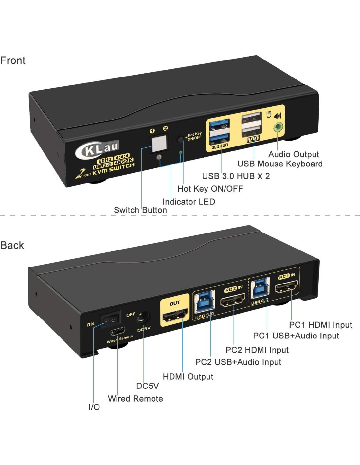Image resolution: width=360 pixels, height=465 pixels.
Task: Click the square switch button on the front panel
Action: (159, 143)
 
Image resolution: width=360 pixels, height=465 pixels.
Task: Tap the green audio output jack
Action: (278, 127)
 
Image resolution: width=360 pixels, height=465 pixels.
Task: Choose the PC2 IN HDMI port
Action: (233, 300)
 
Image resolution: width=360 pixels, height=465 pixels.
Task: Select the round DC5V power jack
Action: (143, 317)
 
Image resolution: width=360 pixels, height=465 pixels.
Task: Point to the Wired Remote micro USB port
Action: (117, 332)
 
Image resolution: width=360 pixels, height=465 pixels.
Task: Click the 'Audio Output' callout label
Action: (294, 154)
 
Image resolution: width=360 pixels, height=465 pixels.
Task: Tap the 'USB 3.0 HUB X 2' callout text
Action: (236, 176)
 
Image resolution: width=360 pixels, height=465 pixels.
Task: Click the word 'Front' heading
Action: (13, 60)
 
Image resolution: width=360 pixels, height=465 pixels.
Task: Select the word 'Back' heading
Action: (12, 245)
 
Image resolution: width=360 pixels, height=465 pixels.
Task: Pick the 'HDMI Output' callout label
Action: (188, 377)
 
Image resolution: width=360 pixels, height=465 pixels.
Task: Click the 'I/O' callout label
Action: (94, 407)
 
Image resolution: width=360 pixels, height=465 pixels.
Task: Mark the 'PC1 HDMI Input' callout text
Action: (320, 325)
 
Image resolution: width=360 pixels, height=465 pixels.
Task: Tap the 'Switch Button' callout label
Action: (140, 210)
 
